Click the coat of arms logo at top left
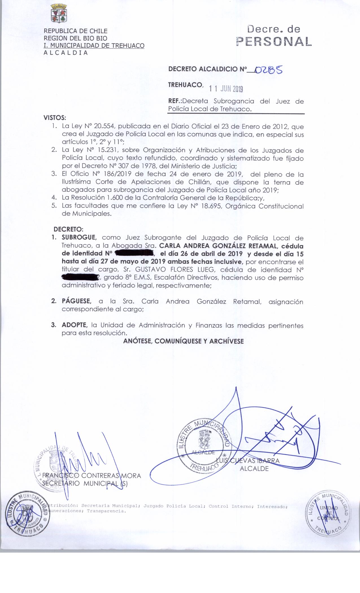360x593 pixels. [x=58, y=13]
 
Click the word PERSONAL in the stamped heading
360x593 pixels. [x=274, y=42]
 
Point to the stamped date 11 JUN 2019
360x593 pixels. [x=226, y=89]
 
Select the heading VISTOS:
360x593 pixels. [x=55, y=117]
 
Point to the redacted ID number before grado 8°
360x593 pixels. [x=80, y=277]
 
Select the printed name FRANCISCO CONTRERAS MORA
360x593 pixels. [x=91, y=476]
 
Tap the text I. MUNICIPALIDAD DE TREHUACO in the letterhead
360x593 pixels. [x=94, y=46]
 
